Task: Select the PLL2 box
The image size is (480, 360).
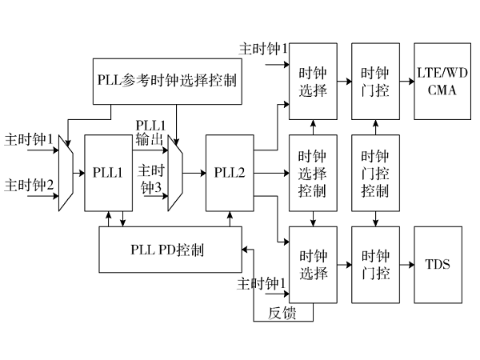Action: point(230,173)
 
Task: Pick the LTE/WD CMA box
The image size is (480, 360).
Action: point(436,81)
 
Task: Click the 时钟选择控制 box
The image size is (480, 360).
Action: point(312,173)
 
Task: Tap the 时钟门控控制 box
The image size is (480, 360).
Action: point(374,173)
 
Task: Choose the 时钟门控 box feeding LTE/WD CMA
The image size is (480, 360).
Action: point(374,81)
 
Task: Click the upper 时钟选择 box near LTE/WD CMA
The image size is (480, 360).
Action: point(312,81)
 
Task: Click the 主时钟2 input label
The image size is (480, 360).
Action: point(30,186)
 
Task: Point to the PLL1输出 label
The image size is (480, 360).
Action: point(150,134)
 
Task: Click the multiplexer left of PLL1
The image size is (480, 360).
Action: point(66,173)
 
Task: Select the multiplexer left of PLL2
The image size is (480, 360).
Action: point(175,173)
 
